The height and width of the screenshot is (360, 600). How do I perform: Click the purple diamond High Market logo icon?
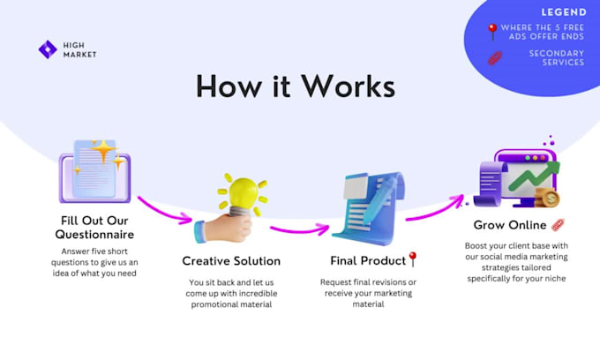[x=47, y=49]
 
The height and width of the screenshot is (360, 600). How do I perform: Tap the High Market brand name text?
[x=79, y=49]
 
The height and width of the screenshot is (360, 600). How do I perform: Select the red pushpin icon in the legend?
[x=492, y=31]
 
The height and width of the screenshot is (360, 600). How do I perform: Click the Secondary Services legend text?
[x=556, y=58]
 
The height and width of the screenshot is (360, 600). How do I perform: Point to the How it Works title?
[x=296, y=86]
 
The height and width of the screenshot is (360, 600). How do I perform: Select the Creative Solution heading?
[x=231, y=260]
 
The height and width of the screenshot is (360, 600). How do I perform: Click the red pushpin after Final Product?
[x=413, y=259]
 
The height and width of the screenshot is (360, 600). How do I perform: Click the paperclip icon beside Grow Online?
[x=558, y=224]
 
